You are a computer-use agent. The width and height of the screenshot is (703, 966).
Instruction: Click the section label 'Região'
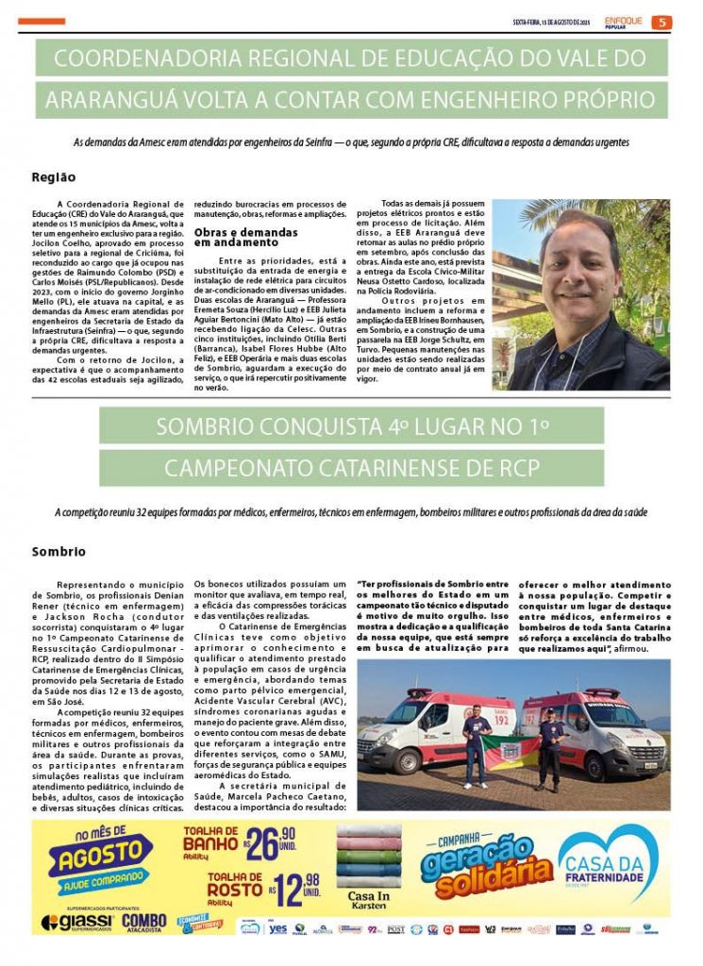[x=54, y=176]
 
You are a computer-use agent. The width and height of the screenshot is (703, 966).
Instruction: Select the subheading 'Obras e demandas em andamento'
[x=245, y=236]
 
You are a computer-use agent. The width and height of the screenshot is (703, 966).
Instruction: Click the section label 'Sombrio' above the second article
[x=59, y=551]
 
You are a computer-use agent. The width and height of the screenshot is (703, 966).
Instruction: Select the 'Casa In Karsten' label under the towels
[x=369, y=899]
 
